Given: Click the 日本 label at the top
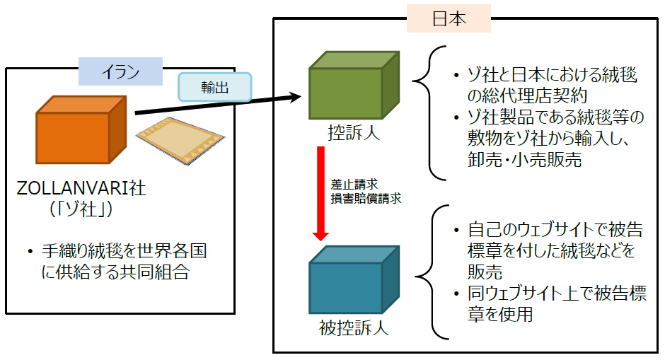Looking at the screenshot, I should click(449, 19).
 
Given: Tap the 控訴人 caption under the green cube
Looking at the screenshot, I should click(354, 133).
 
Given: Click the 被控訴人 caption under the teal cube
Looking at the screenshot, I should click(353, 328).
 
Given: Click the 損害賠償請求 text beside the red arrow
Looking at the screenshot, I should click(366, 199).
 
